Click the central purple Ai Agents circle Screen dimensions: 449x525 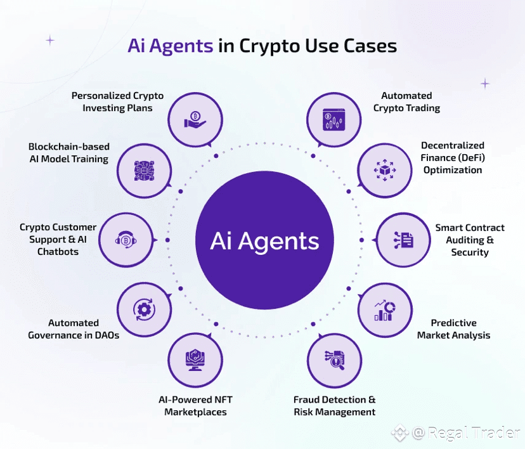(x=264, y=241)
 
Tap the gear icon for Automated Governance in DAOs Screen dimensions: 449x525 (x=143, y=309)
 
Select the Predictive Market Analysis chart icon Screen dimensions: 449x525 (x=384, y=309)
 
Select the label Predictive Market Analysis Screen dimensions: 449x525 (x=453, y=329)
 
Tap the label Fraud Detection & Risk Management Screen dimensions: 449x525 (x=334, y=406)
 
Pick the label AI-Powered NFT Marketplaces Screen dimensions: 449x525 (x=195, y=406)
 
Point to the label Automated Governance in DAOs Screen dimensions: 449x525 (x=74, y=329)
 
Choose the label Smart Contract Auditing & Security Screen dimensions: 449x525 (x=470, y=240)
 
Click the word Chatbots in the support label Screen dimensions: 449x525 (x=58, y=252)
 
